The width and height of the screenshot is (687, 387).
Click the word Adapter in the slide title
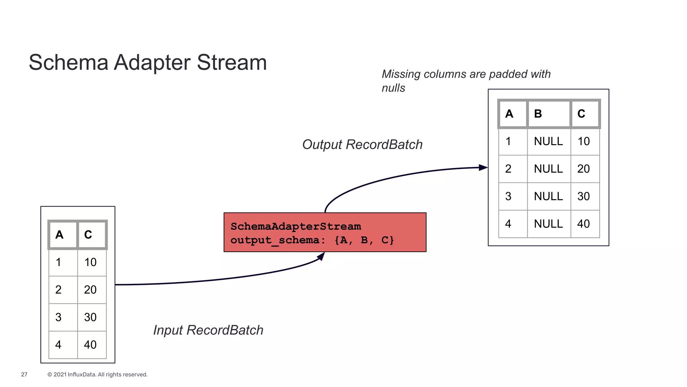coord(152,63)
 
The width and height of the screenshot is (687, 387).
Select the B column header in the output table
coord(548,114)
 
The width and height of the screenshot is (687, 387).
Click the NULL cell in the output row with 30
coord(548,196)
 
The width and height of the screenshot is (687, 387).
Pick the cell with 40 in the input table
coord(91,345)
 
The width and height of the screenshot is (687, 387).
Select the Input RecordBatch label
coord(208,330)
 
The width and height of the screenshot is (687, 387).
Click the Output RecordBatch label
coord(362,144)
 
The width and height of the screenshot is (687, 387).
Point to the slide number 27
coord(24,374)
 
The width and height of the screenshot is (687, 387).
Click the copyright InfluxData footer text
coord(97,374)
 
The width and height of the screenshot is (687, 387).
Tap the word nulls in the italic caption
coord(393,88)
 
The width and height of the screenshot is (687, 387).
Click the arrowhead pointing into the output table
coord(483,167)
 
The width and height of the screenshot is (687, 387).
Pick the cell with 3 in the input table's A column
coord(62,317)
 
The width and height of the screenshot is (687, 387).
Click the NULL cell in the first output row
coord(548,141)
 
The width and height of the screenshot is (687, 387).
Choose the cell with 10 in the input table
coord(91,262)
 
